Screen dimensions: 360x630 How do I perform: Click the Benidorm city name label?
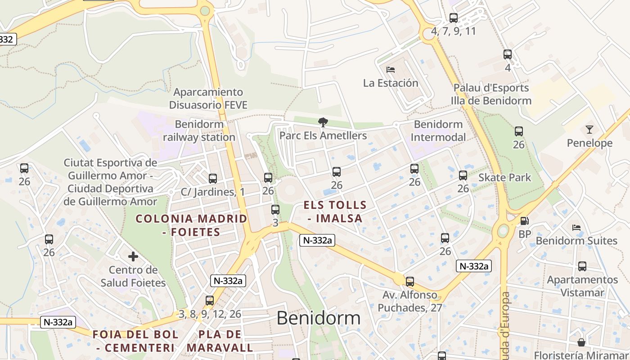point(318,318)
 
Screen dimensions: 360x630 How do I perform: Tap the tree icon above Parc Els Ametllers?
point(323,122)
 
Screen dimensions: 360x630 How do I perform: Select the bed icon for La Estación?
point(391,70)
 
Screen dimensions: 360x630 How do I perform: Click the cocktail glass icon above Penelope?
point(589,130)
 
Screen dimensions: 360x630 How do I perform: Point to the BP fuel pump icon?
point(524,221)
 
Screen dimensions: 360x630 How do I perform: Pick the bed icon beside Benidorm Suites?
point(576,228)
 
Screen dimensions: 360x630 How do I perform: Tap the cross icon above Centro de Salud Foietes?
point(133,256)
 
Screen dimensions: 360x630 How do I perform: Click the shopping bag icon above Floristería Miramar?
point(581,342)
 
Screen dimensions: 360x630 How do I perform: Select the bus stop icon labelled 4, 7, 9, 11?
point(454,18)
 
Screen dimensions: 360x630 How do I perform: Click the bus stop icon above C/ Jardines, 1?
point(213,179)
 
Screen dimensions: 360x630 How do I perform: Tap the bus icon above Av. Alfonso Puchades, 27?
point(409,282)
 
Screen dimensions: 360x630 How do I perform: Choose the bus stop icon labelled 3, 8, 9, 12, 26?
point(210,301)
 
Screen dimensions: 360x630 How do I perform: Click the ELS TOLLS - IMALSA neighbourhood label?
point(335,211)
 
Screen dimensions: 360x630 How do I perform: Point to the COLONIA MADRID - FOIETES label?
point(191,225)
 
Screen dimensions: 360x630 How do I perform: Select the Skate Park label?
point(504,177)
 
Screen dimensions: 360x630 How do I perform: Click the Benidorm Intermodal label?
point(438,130)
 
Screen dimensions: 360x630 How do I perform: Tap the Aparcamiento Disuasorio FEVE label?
point(208,99)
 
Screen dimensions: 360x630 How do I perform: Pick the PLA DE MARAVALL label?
point(220,341)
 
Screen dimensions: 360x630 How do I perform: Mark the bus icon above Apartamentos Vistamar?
point(582,266)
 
